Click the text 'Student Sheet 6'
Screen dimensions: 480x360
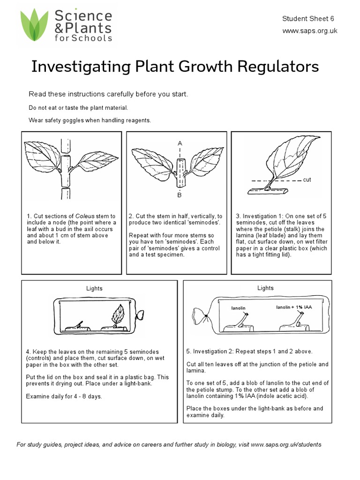[307, 19]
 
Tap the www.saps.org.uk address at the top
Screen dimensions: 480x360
[309, 31]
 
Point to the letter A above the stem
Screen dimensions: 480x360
[180, 143]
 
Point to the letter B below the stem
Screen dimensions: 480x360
[179, 194]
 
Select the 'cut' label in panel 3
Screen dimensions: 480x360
[307, 180]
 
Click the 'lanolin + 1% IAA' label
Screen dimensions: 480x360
[293, 307]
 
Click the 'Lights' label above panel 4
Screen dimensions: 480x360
[95, 288]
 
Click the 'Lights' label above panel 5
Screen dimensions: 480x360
[265, 288]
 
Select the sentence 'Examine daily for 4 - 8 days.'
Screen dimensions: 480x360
[64, 396]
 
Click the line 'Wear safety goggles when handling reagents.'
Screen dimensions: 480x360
[90, 120]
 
